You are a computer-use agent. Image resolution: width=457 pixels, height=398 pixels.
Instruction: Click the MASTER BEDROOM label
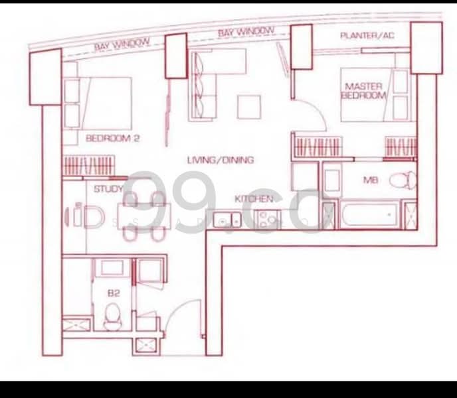pyautogui.click(x=364, y=90)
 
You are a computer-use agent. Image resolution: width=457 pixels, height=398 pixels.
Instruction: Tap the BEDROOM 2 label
pyautogui.click(x=116, y=139)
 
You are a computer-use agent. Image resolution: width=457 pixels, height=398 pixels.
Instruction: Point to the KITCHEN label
pyautogui.click(x=254, y=199)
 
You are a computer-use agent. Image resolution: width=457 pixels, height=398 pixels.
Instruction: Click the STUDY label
pyautogui.click(x=108, y=190)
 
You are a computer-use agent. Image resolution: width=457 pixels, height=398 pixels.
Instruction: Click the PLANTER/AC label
pyautogui.click(x=367, y=34)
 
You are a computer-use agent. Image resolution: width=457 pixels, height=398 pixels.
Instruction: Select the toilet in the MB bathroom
pyautogui.click(x=401, y=179)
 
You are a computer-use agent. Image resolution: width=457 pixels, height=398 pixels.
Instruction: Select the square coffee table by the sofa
pyautogui.click(x=250, y=107)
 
